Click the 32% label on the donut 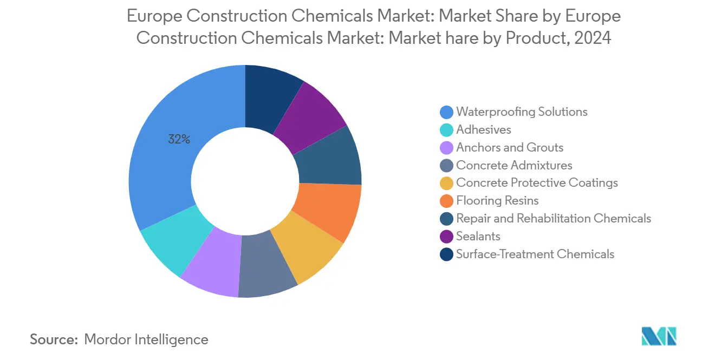pos(179,140)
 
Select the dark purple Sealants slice pos(309,116)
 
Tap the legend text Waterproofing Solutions pos(522,112)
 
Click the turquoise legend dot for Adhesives pos(446,130)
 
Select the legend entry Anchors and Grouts pos(509,147)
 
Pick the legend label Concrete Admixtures pos(514,165)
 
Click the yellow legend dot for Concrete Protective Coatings pos(446,183)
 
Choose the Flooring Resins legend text pos(497,201)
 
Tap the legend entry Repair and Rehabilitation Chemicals pos(553,219)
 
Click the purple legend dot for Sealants pos(446,237)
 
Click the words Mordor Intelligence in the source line pos(146,339)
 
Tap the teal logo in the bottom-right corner pos(659,336)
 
